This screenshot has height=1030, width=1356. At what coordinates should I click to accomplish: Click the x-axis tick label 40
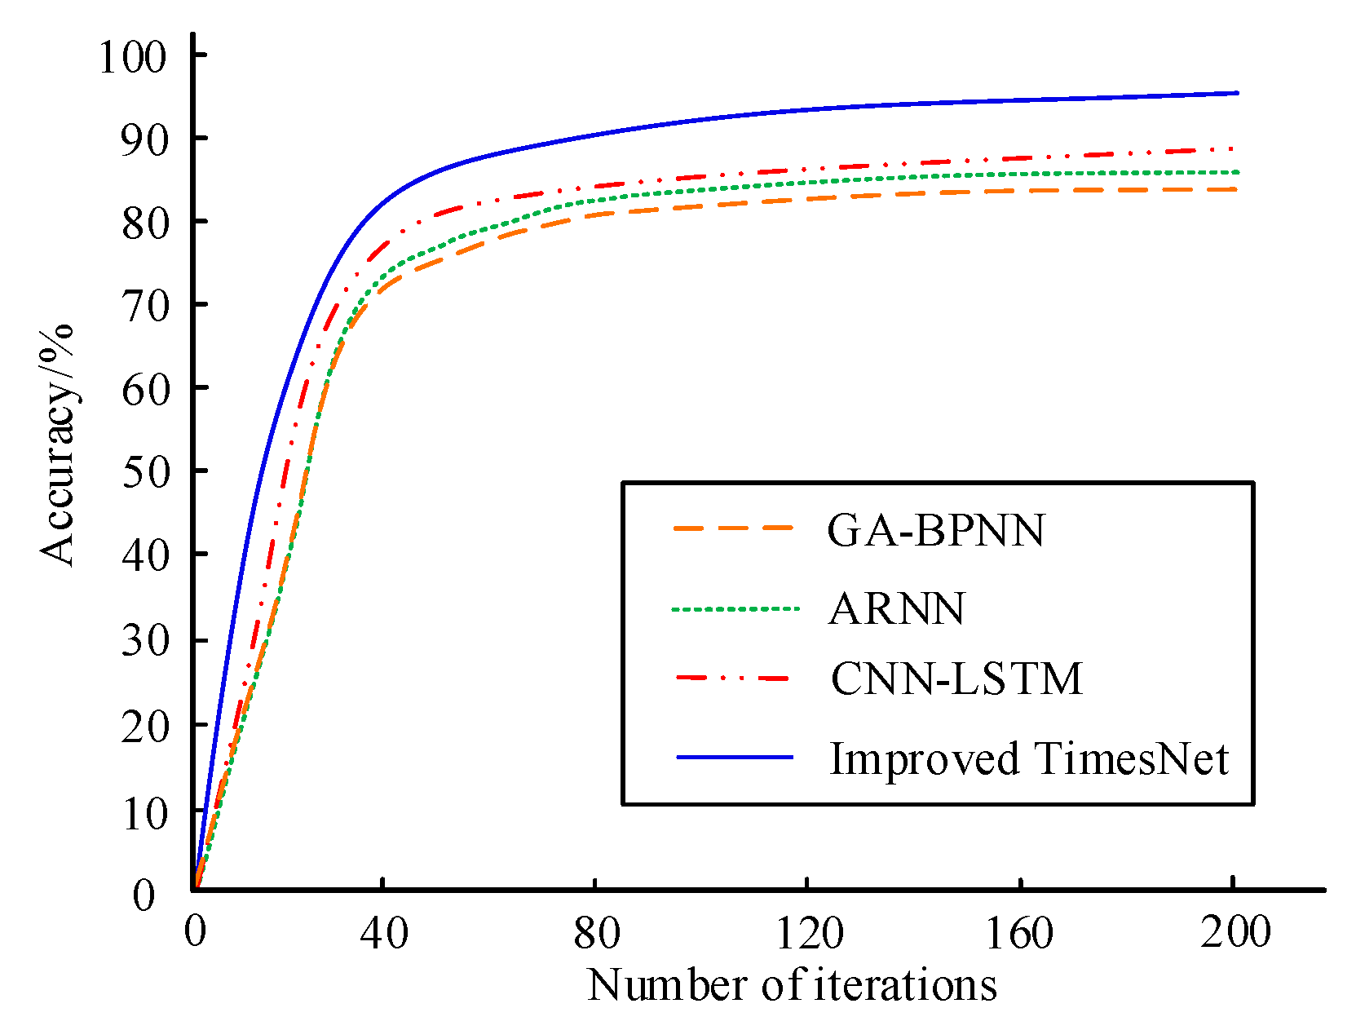point(383,932)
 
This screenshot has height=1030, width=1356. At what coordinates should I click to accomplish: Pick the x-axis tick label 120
point(808,932)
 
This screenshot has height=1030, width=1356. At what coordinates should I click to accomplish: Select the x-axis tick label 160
point(1020,932)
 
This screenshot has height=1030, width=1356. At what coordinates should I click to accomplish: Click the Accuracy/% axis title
point(57,444)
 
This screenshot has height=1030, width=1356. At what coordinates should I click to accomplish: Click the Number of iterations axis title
point(792,986)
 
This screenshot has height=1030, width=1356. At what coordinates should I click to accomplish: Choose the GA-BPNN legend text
point(935,531)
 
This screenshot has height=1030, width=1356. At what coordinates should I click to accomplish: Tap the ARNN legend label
point(896,609)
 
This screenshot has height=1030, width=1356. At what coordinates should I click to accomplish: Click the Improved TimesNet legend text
point(1028,758)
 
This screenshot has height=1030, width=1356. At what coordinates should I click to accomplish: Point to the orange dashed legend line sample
point(733,528)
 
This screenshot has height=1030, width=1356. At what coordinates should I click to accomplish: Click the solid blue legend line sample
point(735,758)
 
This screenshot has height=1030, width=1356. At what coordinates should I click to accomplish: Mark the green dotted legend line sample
point(735,608)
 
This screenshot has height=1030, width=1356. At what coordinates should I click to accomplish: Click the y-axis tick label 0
point(144,895)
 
